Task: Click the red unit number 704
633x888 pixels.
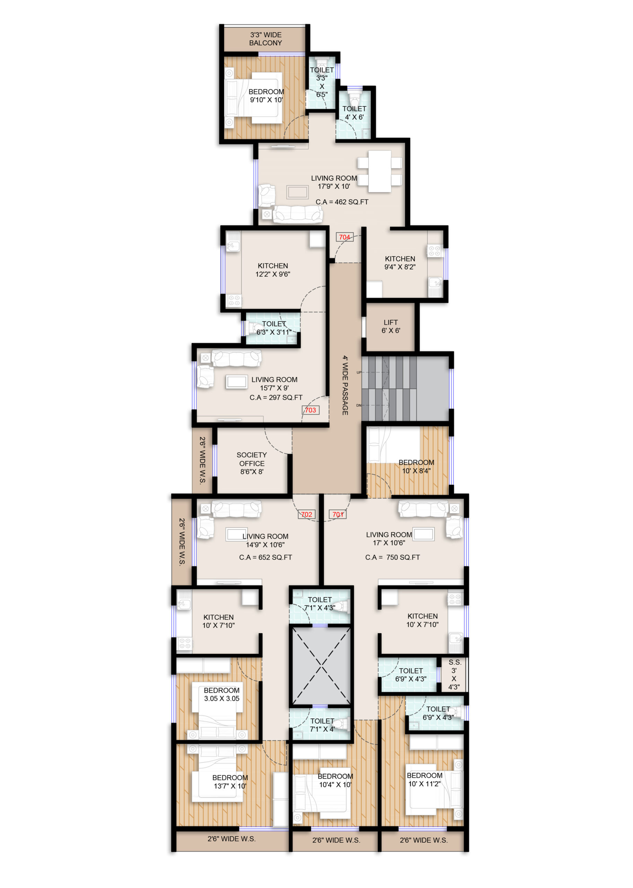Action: (x=344, y=237)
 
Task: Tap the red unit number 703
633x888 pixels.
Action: (x=310, y=410)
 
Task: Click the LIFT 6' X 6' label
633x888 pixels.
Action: (x=390, y=326)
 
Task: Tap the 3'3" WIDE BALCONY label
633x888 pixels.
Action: (x=265, y=39)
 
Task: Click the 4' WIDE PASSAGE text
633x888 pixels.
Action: (x=345, y=385)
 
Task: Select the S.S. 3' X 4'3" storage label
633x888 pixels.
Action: (x=455, y=674)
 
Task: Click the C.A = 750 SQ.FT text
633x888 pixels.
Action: (x=393, y=557)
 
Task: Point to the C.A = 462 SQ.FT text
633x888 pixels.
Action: (x=342, y=202)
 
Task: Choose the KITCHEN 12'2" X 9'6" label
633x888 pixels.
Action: (x=273, y=270)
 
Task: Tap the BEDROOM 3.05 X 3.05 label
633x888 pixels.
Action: (x=222, y=694)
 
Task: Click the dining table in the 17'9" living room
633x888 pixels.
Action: (x=380, y=171)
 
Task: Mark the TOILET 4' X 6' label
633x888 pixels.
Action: (x=354, y=113)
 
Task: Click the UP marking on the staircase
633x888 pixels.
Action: (x=359, y=372)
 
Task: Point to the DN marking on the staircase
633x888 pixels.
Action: (x=359, y=405)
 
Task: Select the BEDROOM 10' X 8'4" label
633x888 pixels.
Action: (x=416, y=467)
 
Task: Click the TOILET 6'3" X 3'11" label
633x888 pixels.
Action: (x=274, y=328)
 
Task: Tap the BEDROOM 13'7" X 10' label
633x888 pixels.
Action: (x=230, y=782)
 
